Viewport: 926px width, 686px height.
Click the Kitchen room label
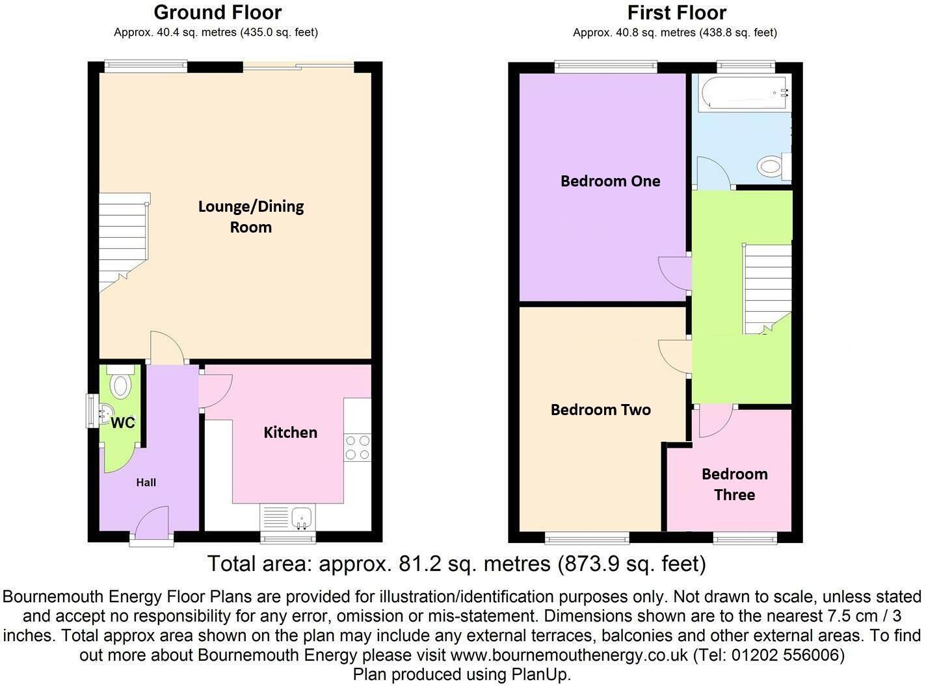(290, 433)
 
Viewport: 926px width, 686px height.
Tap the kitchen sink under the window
(302, 517)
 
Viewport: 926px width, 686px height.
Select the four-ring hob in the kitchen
(357, 447)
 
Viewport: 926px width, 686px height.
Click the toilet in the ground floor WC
(120, 385)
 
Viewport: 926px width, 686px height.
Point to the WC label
(123, 424)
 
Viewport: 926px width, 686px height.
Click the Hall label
(146, 483)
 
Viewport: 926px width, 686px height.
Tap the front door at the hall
(152, 524)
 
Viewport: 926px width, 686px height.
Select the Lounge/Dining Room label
(251, 216)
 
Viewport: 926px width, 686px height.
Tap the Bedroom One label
(610, 181)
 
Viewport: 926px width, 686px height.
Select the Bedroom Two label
(600, 410)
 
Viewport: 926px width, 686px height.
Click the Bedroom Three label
(734, 485)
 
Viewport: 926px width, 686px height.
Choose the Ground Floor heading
(217, 12)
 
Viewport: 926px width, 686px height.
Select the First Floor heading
(676, 12)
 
